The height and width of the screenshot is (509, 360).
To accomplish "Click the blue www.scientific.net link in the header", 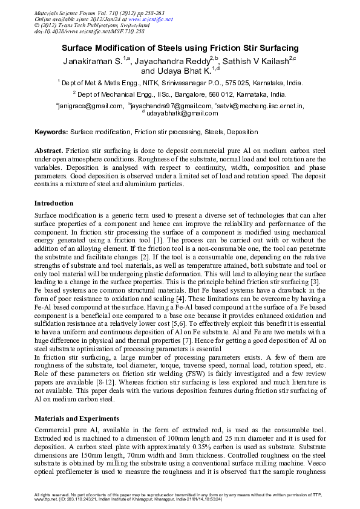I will (151, 19).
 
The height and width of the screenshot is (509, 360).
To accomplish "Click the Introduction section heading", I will (54, 203).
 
